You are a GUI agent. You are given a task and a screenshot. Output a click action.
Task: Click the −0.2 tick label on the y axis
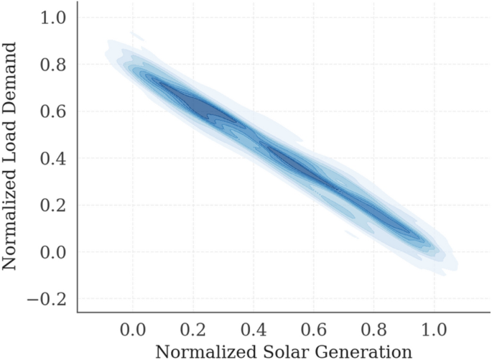pos(48,299)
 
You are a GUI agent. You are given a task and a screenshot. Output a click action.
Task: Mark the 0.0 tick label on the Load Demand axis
pos(56,252)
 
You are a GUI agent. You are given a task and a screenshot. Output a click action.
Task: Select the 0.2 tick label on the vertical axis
pos(56,206)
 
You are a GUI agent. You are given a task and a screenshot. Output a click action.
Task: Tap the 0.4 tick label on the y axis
pos(56,158)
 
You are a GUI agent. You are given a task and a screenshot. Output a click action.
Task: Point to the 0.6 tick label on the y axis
pos(56,111)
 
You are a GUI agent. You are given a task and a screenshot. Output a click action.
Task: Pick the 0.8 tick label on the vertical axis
pos(56,65)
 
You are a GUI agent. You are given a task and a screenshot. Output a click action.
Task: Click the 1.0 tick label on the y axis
pos(56,18)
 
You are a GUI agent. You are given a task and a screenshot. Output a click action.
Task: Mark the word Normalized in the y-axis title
pos(11,215)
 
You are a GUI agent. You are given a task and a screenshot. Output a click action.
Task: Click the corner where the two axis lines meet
pos(77,313)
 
